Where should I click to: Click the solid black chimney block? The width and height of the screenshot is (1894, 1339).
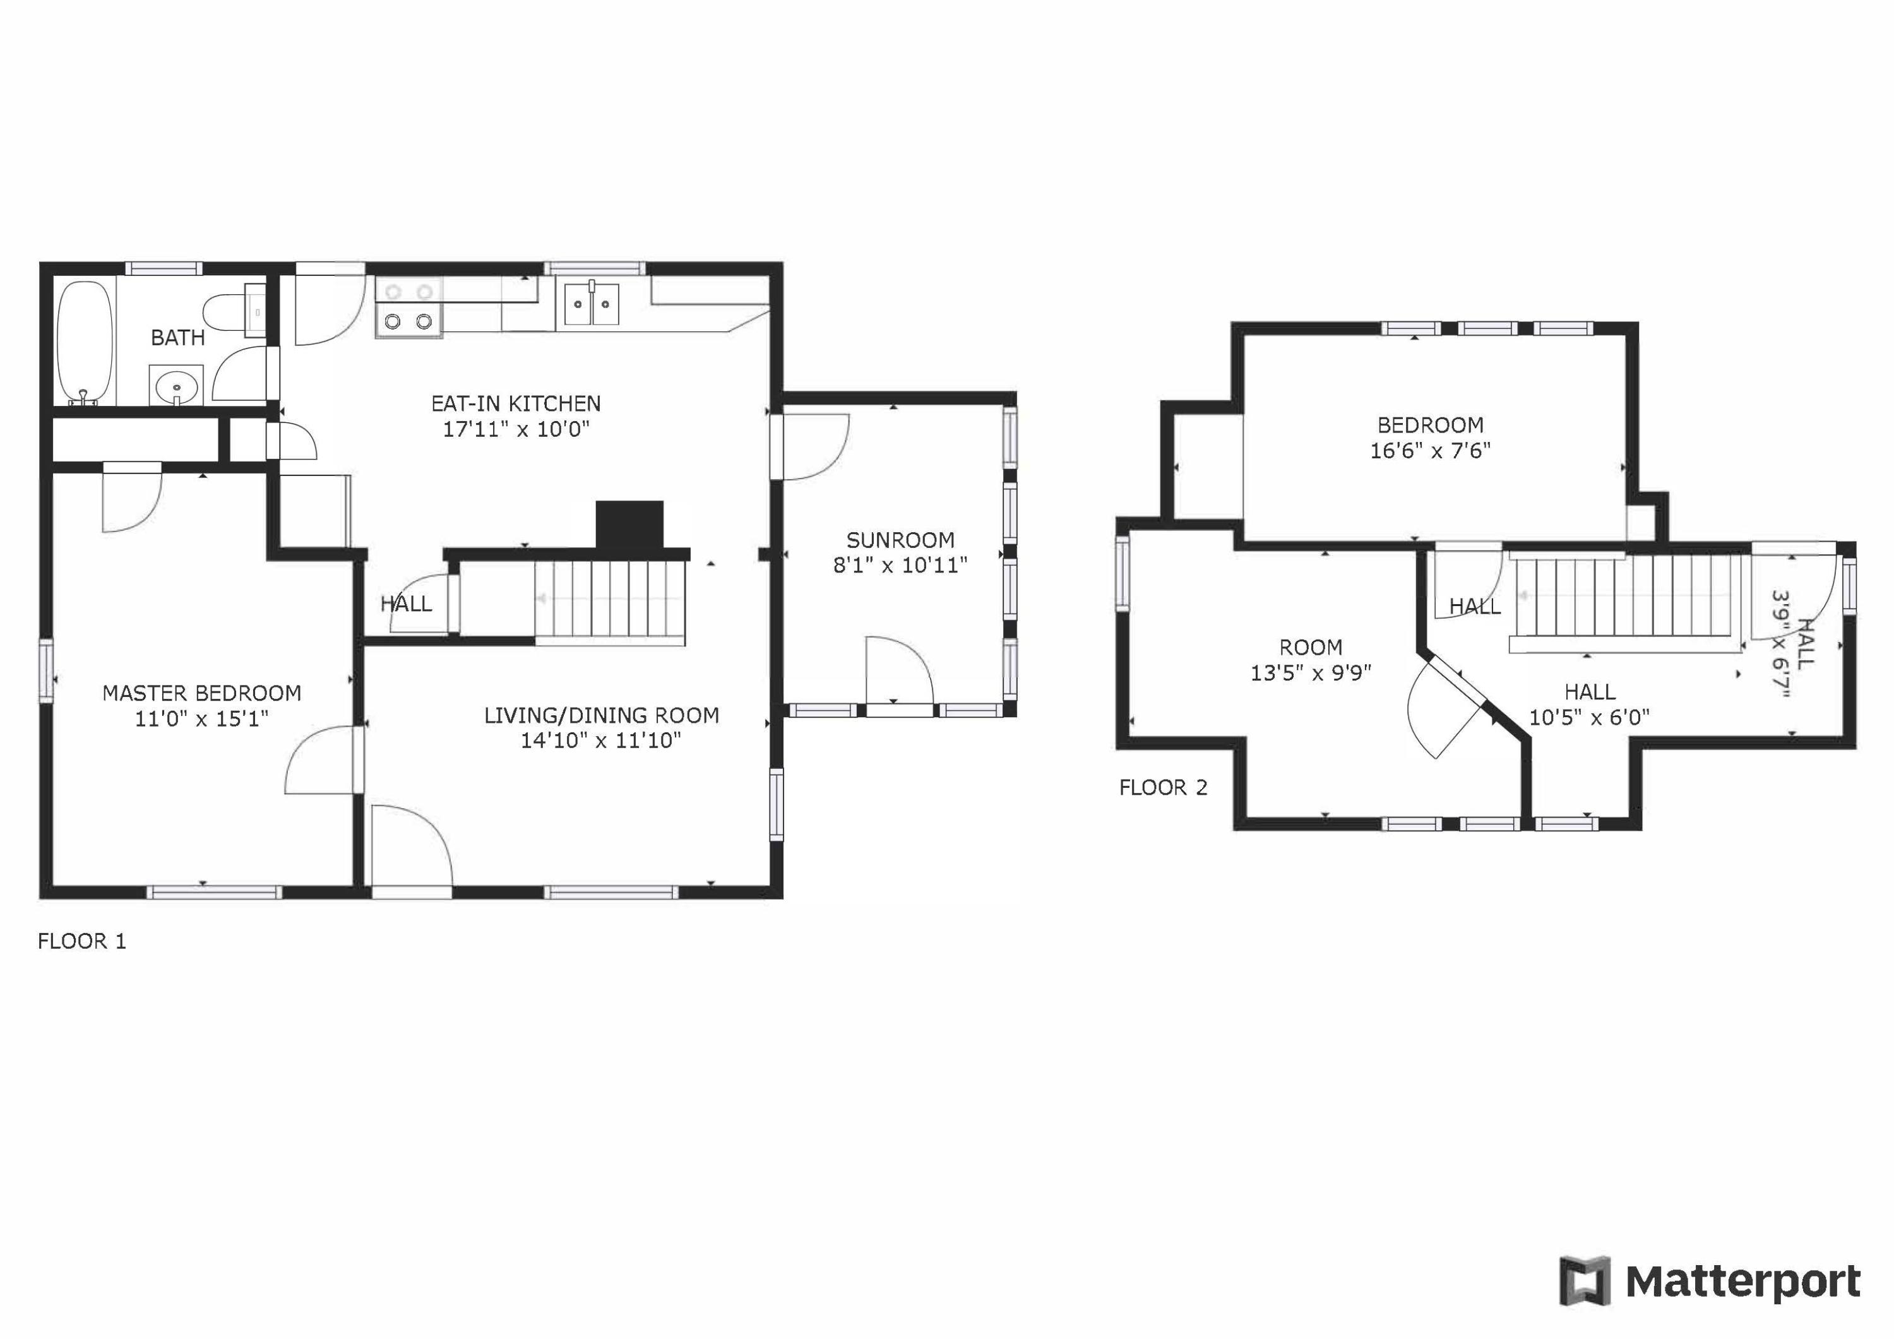pyautogui.click(x=629, y=525)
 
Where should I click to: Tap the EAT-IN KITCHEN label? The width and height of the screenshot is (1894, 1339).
pyautogui.click(x=516, y=403)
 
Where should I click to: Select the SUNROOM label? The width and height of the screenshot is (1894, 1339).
pyautogui.click(x=900, y=540)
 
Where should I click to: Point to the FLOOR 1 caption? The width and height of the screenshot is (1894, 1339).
pyautogui.click(x=81, y=941)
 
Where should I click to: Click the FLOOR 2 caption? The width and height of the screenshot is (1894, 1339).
pyautogui.click(x=1162, y=788)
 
